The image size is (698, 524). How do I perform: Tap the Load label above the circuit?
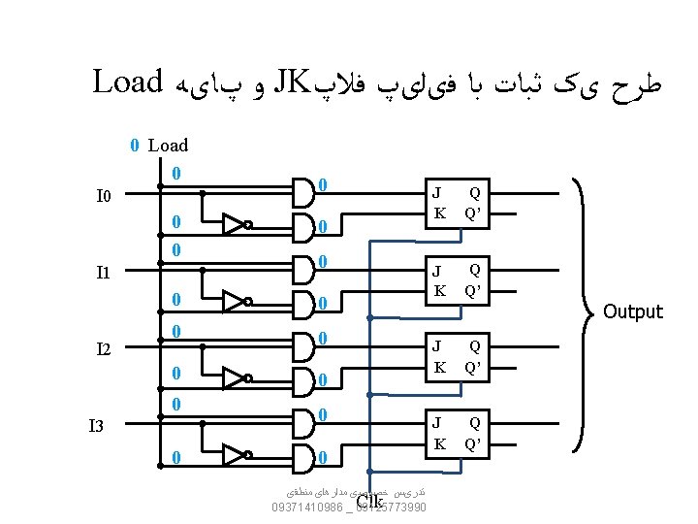168,146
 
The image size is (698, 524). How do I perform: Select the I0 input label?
105,197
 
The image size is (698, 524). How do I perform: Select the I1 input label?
105,273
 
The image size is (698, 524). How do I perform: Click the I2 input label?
105,348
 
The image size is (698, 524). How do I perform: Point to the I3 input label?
97,425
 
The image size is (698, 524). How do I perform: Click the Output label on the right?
633,311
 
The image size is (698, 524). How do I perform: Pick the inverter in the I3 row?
236,455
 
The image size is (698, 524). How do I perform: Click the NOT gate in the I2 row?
236,377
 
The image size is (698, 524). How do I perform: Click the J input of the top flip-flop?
437,193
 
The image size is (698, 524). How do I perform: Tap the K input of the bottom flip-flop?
439,443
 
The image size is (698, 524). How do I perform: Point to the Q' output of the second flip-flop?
474,289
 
